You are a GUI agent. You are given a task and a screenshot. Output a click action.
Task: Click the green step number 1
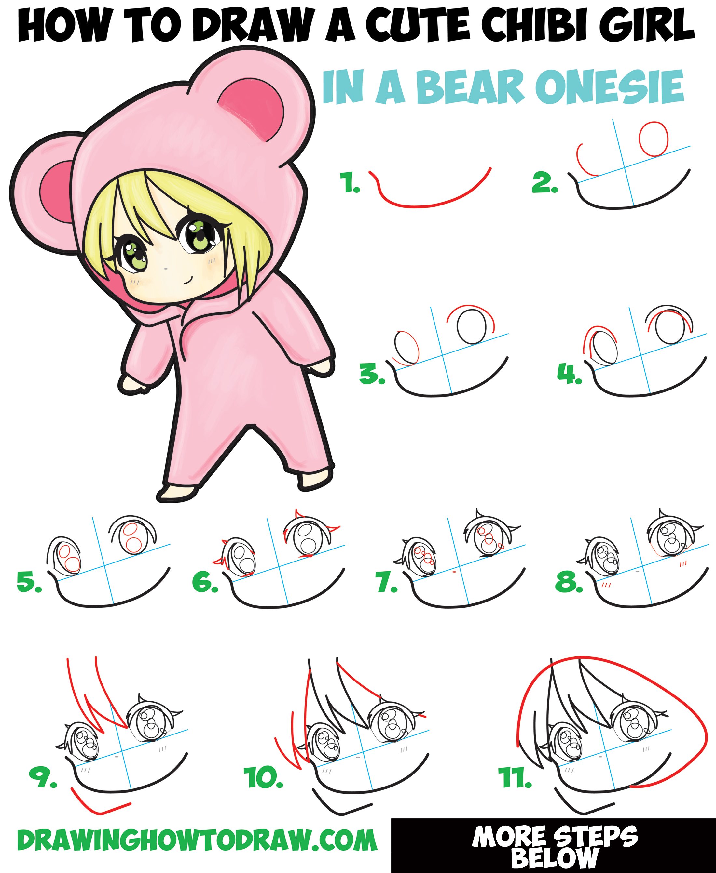pos(349,182)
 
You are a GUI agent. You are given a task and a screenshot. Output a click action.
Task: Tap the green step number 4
pos(569,373)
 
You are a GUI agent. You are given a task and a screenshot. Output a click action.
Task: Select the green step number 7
pos(386,583)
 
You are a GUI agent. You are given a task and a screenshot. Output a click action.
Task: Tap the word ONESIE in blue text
pos(610,87)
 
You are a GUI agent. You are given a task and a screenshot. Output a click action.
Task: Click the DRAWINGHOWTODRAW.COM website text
pos(197,841)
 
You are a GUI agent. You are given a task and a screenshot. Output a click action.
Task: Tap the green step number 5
pos(29,582)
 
